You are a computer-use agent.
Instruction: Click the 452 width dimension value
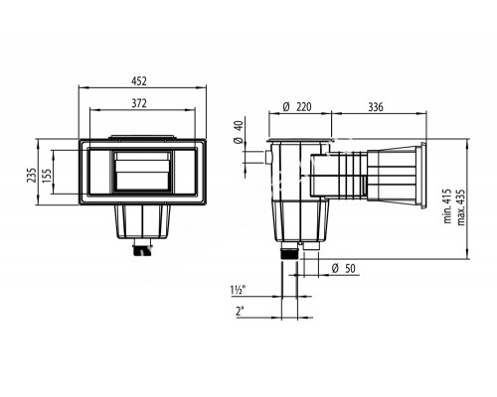139,81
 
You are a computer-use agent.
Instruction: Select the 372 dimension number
139,103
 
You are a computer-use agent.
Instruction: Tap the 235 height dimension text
32,176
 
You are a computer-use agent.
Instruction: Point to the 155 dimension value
47,176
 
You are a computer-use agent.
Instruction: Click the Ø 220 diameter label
297,107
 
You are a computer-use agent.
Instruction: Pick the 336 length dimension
376,107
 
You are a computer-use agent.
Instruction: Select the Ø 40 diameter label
239,132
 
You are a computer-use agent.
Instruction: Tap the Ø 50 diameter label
343,268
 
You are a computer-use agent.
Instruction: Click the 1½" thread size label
238,290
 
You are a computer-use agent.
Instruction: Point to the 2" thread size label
240,311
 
